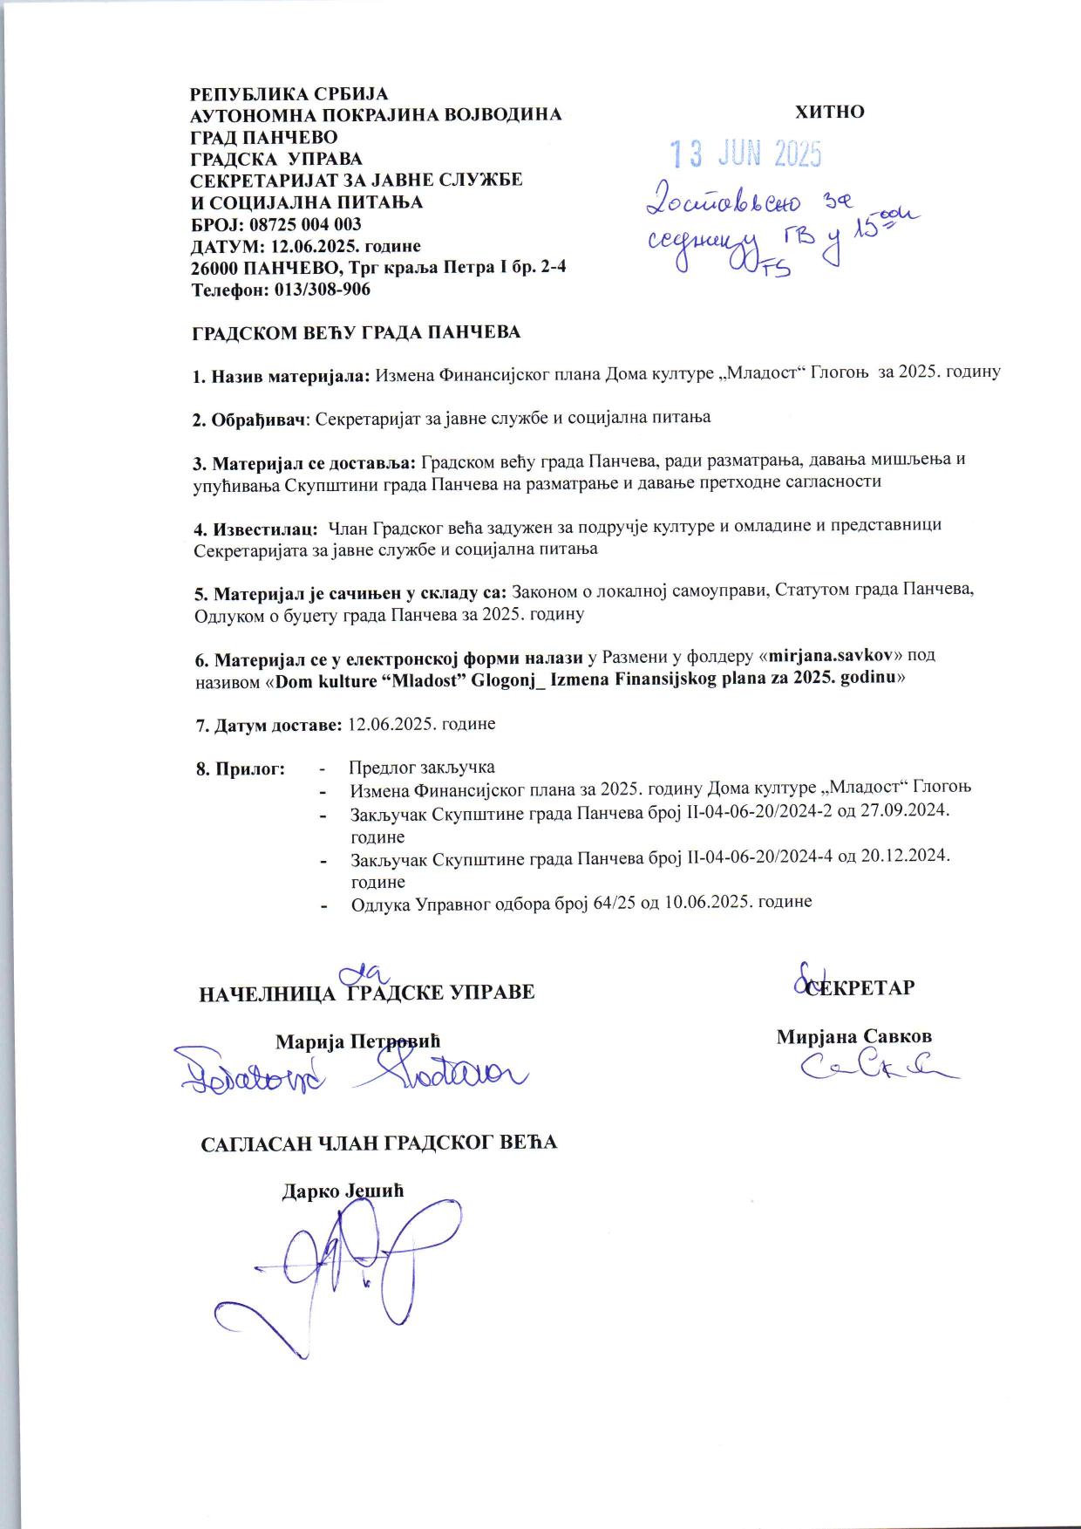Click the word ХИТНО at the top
tap(829, 113)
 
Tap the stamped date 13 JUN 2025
tap(745, 154)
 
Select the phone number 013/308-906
tap(322, 290)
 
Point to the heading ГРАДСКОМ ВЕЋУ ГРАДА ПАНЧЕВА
tap(356, 332)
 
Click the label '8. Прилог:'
tap(241, 768)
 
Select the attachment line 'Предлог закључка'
tap(422, 768)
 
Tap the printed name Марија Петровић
tap(357, 1041)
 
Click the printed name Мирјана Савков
tap(854, 1037)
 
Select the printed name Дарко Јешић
tap(343, 1191)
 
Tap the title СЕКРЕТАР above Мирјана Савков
tap(859, 988)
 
